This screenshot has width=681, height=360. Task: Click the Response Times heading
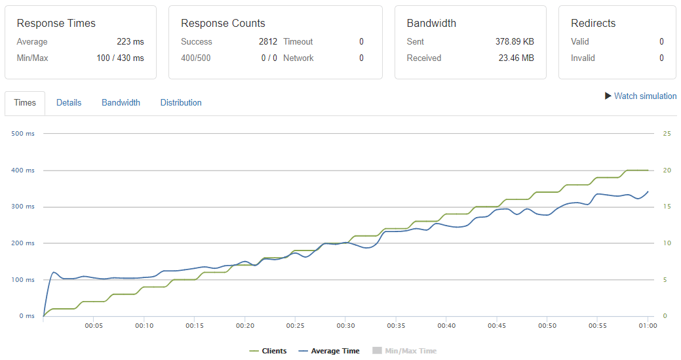click(x=56, y=24)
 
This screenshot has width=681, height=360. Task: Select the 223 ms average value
click(x=130, y=42)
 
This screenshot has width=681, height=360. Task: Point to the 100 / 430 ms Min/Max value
click(x=120, y=58)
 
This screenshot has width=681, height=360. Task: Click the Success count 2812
click(x=268, y=42)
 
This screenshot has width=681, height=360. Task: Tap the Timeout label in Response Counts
click(x=298, y=42)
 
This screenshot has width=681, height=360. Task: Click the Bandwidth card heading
click(x=431, y=24)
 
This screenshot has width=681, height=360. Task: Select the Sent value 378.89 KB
click(x=515, y=42)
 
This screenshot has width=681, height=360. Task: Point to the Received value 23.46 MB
click(x=516, y=58)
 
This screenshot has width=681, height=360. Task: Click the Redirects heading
click(x=593, y=24)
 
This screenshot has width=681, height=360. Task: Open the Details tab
click(x=69, y=103)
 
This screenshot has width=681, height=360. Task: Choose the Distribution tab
click(x=181, y=103)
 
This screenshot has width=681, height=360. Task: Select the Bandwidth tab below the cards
click(x=121, y=103)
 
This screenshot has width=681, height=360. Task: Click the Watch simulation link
click(x=640, y=96)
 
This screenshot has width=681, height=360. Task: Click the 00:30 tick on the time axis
click(x=345, y=326)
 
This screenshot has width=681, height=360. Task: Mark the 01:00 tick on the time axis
click(x=648, y=326)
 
